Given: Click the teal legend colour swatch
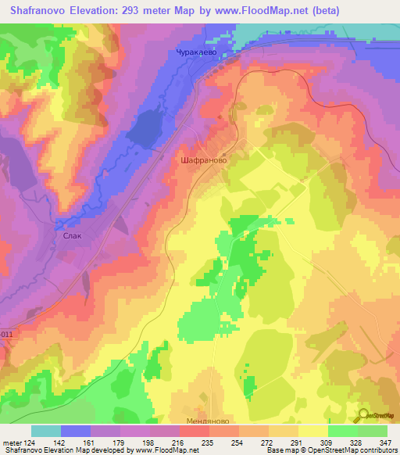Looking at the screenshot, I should [46, 432].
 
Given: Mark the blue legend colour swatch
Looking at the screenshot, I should [76, 432].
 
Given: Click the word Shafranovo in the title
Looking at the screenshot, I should [36, 11].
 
